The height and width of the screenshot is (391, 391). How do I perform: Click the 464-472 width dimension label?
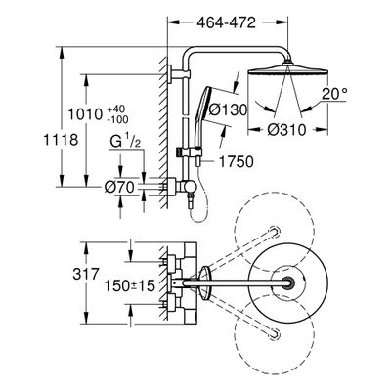(227, 23)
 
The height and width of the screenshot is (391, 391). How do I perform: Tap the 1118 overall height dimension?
(61, 140)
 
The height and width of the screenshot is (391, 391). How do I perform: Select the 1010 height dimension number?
(86, 114)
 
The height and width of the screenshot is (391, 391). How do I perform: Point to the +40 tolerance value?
(117, 109)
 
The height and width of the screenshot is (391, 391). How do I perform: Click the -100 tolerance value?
(117, 119)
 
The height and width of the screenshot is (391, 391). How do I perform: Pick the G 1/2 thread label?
(125, 142)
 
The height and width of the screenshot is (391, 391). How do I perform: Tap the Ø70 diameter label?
(119, 187)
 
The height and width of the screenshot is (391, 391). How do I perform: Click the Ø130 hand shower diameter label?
(228, 109)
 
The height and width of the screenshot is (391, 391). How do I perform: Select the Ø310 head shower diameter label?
(286, 130)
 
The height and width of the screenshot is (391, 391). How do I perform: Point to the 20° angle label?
(333, 94)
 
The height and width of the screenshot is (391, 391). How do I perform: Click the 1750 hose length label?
(236, 162)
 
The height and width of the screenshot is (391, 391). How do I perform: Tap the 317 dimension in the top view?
(85, 274)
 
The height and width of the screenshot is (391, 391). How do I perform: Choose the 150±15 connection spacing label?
(129, 286)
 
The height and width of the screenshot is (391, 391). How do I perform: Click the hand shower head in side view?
(206, 98)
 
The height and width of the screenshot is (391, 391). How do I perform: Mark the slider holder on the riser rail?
(192, 152)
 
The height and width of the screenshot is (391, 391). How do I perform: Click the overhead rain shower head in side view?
(287, 70)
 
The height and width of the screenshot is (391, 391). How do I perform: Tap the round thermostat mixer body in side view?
(190, 187)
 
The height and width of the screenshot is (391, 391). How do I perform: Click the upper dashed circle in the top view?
(274, 232)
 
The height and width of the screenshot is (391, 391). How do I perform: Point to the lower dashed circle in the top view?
(275, 333)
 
